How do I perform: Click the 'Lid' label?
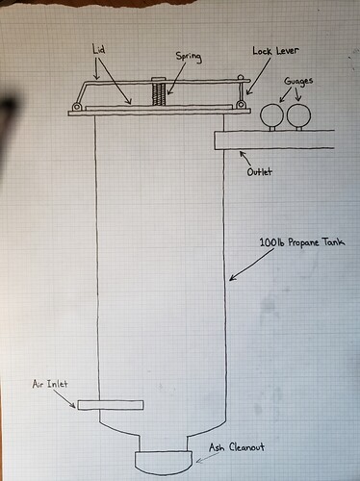(x=98, y=50)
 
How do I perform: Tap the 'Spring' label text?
(x=189, y=57)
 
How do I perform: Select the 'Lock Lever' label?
(x=275, y=51)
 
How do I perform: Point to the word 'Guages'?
(x=298, y=81)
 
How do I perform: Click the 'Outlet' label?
(x=259, y=172)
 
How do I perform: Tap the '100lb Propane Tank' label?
(x=302, y=241)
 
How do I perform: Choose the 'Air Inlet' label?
(x=50, y=384)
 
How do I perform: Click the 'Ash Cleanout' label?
(x=237, y=447)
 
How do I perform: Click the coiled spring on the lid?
(x=159, y=93)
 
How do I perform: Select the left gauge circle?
(x=271, y=115)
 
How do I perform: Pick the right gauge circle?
(x=298, y=114)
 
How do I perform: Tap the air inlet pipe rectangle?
(x=111, y=405)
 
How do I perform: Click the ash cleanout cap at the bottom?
(x=164, y=463)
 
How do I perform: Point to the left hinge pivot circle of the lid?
(x=76, y=106)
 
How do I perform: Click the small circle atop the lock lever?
(x=241, y=78)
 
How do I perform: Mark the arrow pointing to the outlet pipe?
(x=244, y=158)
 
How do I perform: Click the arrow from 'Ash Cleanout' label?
(x=208, y=458)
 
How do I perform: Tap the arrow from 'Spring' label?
(x=176, y=79)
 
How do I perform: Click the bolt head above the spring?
(x=158, y=79)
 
